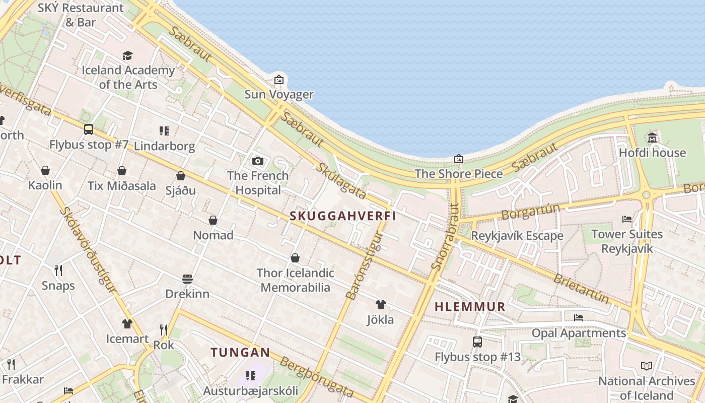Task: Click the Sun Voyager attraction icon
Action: tap(278, 80)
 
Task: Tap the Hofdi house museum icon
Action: tap(652, 138)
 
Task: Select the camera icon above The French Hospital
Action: tap(258, 161)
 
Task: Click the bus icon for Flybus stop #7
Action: tap(89, 129)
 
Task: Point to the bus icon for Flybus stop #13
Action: tap(477, 342)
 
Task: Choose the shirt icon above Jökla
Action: tap(381, 305)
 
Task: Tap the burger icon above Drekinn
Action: tap(187, 279)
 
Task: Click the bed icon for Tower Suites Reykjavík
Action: tap(627, 219)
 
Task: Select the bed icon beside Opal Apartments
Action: tap(579, 317)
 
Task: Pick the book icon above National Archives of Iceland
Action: tap(647, 366)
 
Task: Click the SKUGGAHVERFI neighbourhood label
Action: tap(342, 216)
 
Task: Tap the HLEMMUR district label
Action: tap(470, 307)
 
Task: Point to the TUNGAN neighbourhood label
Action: tap(241, 352)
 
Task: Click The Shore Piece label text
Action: tap(459, 174)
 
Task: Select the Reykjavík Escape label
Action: tap(517, 236)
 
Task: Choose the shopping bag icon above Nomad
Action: tap(213, 220)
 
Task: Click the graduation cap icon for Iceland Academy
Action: tap(127, 55)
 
